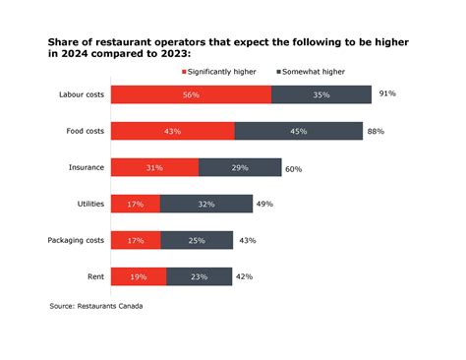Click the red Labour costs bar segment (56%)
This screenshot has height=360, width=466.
191,94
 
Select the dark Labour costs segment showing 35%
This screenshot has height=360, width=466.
321,94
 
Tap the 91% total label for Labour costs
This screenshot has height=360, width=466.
387,93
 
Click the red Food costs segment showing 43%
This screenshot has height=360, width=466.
172,131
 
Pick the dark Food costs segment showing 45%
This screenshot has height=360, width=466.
298,131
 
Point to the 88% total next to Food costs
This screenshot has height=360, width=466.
376,131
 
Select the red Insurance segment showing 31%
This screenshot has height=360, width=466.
154,167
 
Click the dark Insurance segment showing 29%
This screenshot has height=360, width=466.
240,167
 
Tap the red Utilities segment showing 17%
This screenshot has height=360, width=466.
135,204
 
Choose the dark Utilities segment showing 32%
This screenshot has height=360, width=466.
205,204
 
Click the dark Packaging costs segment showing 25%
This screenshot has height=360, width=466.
197,240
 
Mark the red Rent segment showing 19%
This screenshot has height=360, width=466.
138,276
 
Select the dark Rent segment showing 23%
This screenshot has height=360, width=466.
199,276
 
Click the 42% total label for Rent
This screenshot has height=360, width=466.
245,276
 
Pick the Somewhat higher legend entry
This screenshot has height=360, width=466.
313,72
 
